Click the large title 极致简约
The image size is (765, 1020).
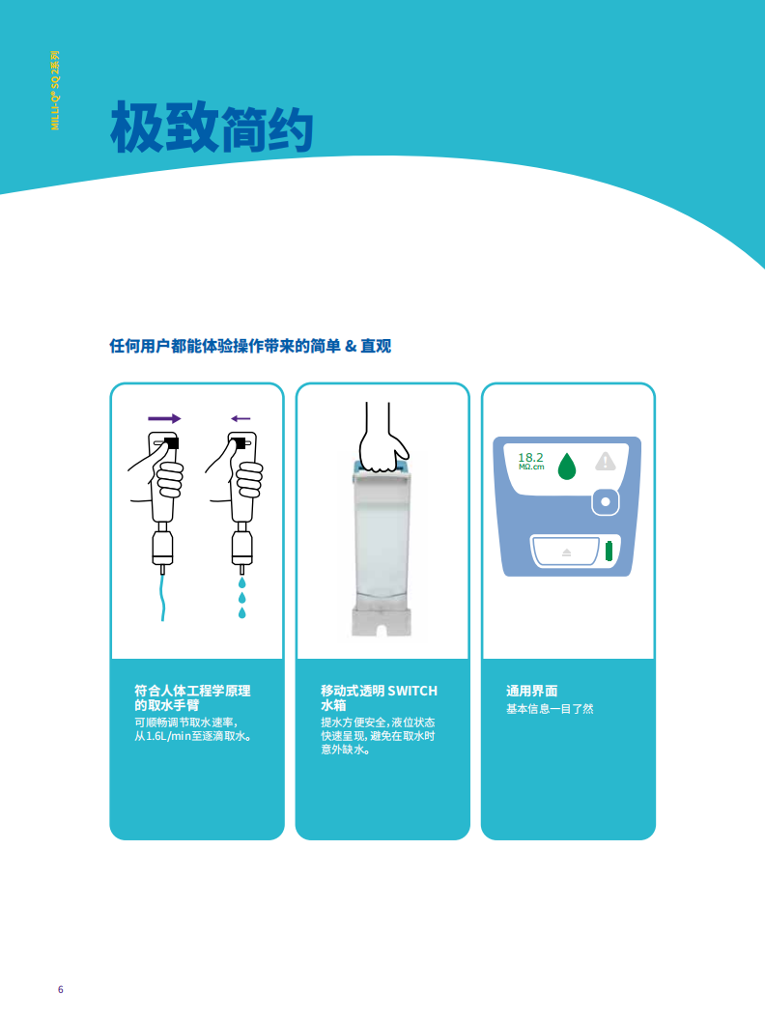[212, 127]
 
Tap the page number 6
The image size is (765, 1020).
[61, 989]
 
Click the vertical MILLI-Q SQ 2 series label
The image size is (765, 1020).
[55, 91]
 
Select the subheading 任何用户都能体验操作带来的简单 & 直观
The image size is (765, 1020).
[250, 346]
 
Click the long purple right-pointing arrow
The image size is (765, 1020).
[164, 418]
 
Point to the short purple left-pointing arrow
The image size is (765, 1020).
[241, 418]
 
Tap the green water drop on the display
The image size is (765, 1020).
[567, 467]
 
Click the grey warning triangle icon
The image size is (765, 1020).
[606, 461]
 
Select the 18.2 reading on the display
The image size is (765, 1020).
[530, 457]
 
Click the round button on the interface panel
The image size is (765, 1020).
[606, 501]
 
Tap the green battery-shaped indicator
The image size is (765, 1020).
[609, 551]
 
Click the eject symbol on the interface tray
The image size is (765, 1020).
[567, 552]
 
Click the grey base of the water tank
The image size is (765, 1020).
[382, 622]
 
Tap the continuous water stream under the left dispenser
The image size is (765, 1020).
[162, 598]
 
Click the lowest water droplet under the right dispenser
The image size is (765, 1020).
[242, 612]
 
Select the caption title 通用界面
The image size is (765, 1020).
[531, 691]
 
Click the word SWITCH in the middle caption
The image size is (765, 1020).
[412, 691]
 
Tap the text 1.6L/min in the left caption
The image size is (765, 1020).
[168, 736]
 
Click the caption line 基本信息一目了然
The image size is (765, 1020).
[550, 709]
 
